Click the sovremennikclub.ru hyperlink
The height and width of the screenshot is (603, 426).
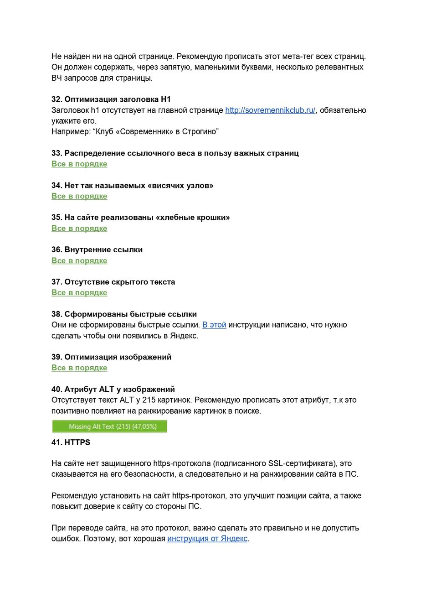coord(270,110)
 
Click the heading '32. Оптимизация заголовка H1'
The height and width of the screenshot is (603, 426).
coord(111,99)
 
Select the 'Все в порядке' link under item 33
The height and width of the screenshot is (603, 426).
coord(79,164)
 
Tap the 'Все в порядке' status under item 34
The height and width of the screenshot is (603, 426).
coord(79,196)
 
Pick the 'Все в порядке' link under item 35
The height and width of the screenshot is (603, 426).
coord(79,229)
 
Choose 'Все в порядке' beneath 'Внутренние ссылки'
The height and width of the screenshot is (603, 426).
coord(79,261)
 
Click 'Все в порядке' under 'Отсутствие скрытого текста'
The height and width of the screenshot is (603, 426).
coord(79,293)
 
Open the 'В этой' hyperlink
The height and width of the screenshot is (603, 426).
coord(214,325)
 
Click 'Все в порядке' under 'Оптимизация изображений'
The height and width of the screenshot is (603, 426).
coord(79,368)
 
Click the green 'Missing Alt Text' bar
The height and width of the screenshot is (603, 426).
coord(110,426)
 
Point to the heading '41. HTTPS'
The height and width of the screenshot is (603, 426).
coord(71,442)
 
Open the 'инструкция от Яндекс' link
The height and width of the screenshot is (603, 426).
coord(207,539)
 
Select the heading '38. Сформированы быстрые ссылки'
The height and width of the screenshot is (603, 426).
coord(124,314)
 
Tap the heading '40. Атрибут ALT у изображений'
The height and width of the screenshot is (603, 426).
coord(113,390)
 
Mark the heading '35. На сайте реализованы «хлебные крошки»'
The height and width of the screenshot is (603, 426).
coord(140,218)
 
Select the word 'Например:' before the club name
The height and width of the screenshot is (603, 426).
coord(70,132)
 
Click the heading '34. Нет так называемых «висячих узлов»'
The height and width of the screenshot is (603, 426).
coord(132,186)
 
